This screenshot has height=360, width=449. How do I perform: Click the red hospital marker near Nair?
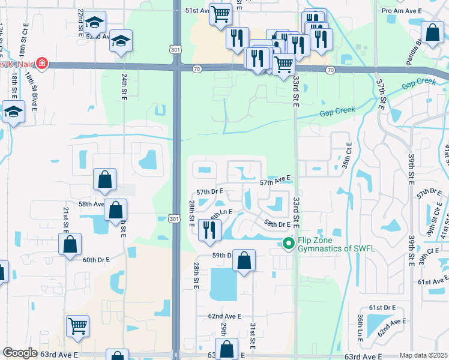point(41,63)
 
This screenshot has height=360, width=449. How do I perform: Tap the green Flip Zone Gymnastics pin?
point(288,243)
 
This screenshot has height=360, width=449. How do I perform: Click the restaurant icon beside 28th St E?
point(209,229)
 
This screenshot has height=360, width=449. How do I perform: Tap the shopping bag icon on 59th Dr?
point(244,260)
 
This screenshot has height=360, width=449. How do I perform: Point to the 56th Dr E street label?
point(277,224)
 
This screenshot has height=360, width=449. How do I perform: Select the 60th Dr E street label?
point(96,260)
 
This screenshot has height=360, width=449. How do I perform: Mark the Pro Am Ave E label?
point(402,11)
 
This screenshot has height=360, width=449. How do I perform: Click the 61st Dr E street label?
point(382,307)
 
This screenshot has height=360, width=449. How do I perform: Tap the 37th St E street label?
point(381,94)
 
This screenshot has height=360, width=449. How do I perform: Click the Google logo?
point(20,353)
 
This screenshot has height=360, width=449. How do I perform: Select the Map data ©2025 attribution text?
point(423,355)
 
